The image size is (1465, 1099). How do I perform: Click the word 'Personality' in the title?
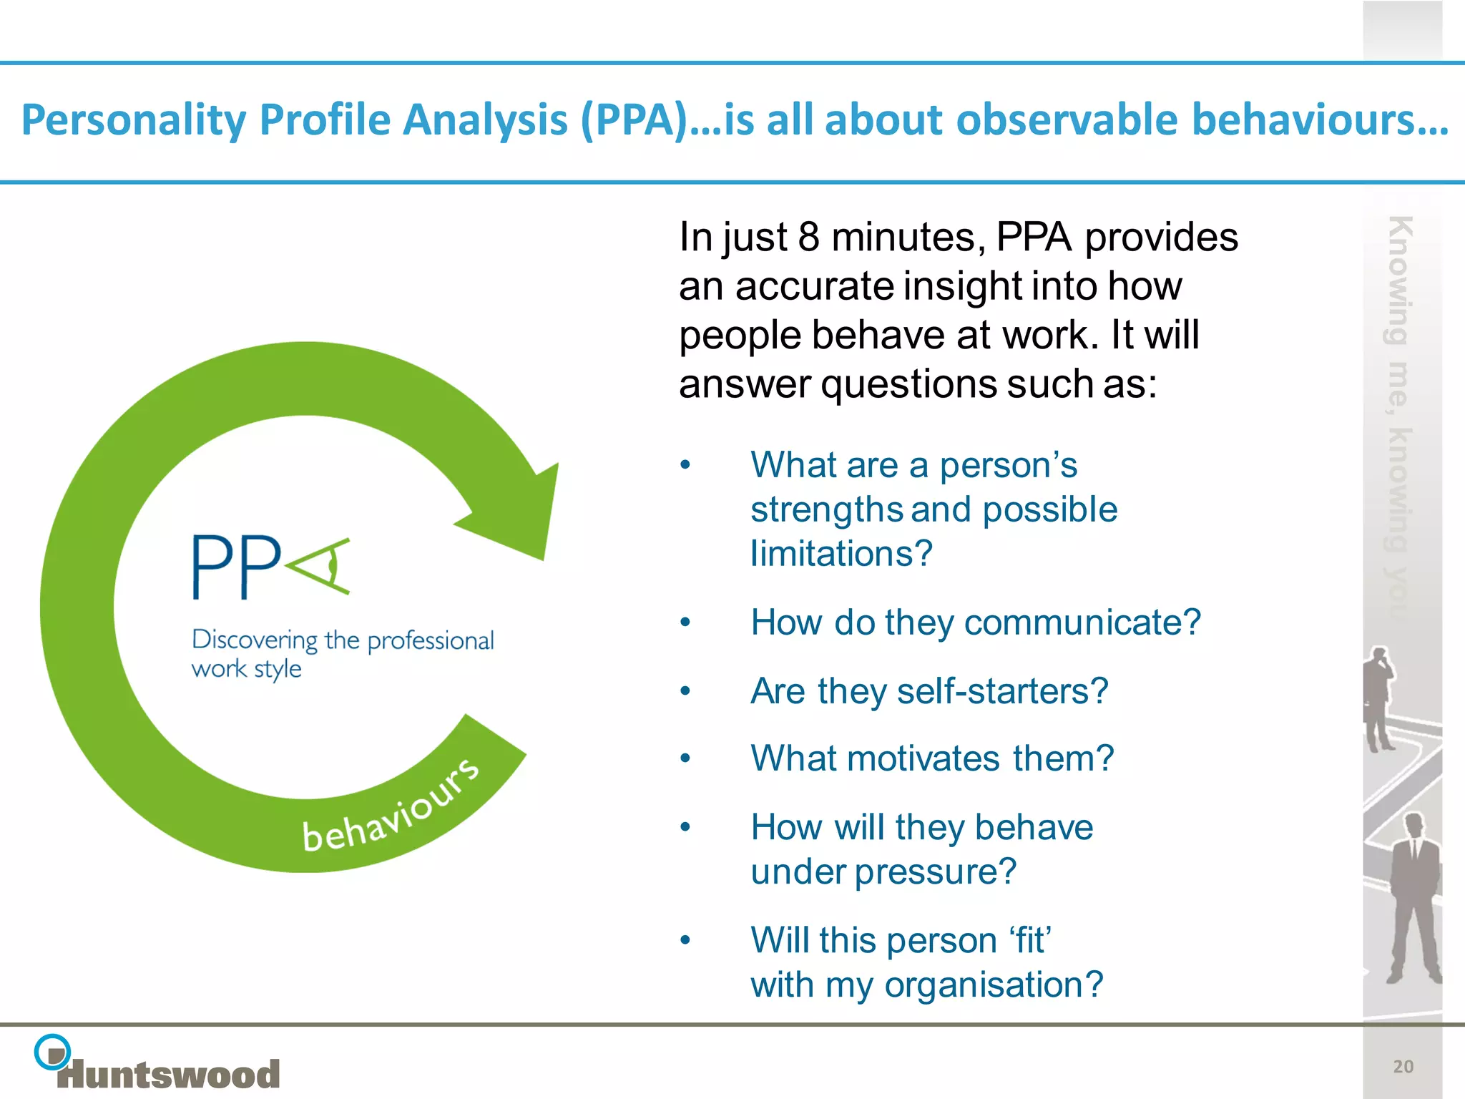pyautogui.click(x=134, y=120)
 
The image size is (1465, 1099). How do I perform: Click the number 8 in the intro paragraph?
pyautogui.click(x=808, y=238)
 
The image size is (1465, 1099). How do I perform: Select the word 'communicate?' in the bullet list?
pyautogui.click(x=1082, y=622)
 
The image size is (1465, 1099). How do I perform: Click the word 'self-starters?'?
pyautogui.click(x=1002, y=692)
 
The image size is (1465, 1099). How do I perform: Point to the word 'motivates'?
pyautogui.click(x=923, y=759)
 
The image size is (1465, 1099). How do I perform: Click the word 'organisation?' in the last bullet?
pyautogui.click(x=994, y=985)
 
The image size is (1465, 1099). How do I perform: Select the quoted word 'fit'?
pyautogui.click(x=1030, y=941)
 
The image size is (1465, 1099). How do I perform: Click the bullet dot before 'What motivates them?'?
pyautogui.click(x=685, y=759)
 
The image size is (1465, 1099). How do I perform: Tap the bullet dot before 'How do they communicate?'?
pyautogui.click(x=685, y=622)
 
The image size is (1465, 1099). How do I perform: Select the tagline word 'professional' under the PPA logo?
pyautogui.click(x=430, y=641)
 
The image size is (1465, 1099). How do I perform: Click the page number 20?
pyautogui.click(x=1403, y=1067)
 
